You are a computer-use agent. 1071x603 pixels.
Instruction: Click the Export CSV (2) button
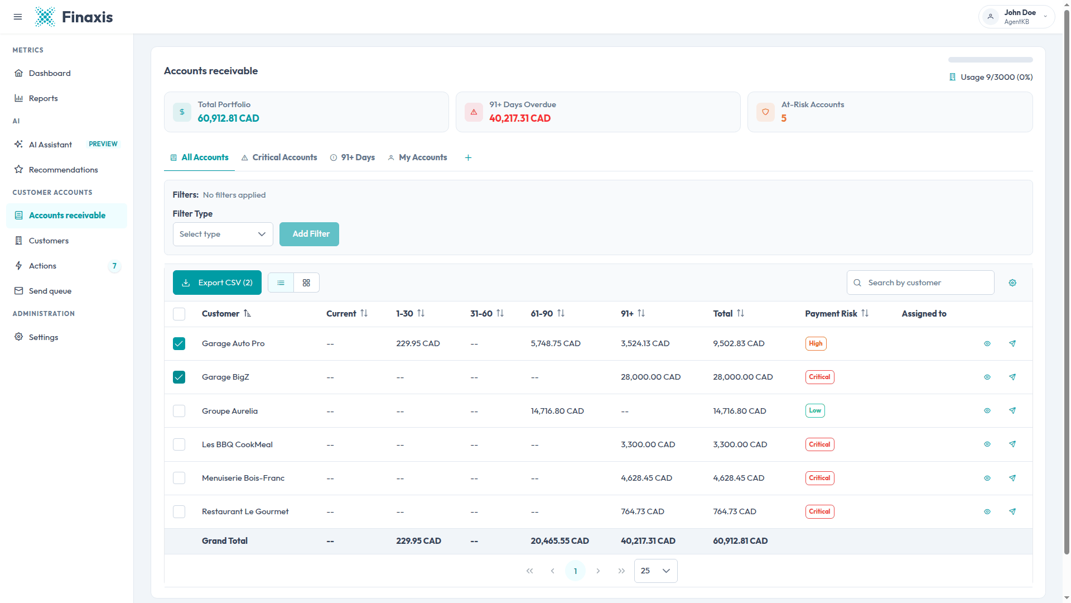(217, 283)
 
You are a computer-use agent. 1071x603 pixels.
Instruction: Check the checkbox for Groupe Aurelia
(179, 411)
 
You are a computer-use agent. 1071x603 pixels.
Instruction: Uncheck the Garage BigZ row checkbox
(179, 377)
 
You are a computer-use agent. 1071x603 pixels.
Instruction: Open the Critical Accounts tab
(279, 157)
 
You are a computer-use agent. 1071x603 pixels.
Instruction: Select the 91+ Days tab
(353, 157)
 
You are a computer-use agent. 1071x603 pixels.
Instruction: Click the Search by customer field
(920, 283)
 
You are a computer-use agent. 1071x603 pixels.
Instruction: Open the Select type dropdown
(223, 234)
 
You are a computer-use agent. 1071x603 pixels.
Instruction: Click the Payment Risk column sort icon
(865, 313)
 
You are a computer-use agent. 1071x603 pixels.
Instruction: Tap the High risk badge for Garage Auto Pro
(816, 343)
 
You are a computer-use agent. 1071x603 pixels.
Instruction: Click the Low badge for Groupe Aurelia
(815, 411)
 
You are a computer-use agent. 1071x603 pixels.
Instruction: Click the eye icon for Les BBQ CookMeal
(987, 444)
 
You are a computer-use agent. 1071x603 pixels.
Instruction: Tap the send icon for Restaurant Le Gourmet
(1012, 511)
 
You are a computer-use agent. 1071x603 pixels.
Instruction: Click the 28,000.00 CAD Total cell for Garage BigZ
(743, 377)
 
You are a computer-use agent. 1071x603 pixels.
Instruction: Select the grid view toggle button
(306, 283)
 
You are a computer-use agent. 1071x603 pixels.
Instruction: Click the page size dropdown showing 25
(655, 571)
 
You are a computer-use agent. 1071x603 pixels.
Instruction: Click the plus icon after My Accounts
(468, 157)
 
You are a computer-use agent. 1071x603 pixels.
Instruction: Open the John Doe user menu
(1016, 17)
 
